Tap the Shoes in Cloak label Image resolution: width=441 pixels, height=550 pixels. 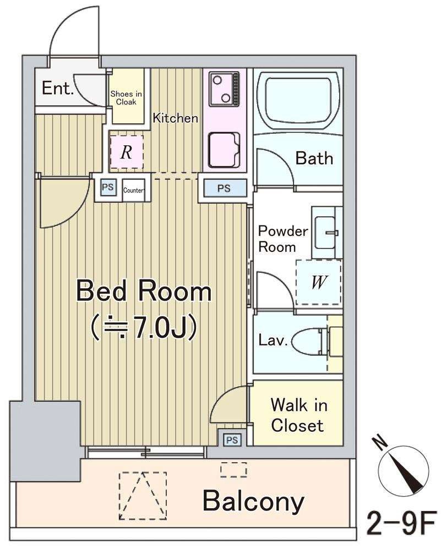[127, 98]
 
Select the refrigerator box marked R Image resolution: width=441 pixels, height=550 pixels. [127, 152]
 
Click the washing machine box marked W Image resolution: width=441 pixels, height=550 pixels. [318, 282]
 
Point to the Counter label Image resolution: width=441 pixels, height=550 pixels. [133, 190]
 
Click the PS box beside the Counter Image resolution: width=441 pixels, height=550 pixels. [108, 187]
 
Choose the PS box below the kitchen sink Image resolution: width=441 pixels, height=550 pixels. [224, 188]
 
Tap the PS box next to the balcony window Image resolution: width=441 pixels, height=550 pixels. [232, 440]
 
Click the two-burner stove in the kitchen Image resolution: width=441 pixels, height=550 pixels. [224, 89]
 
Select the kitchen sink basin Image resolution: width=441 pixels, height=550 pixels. [224, 150]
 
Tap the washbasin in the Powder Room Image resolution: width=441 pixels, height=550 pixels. [325, 232]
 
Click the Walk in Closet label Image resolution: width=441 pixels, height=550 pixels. [298, 415]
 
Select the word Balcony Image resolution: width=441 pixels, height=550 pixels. [253, 502]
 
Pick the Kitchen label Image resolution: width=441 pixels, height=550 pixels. [175, 118]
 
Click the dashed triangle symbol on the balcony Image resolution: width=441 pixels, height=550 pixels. [143, 496]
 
